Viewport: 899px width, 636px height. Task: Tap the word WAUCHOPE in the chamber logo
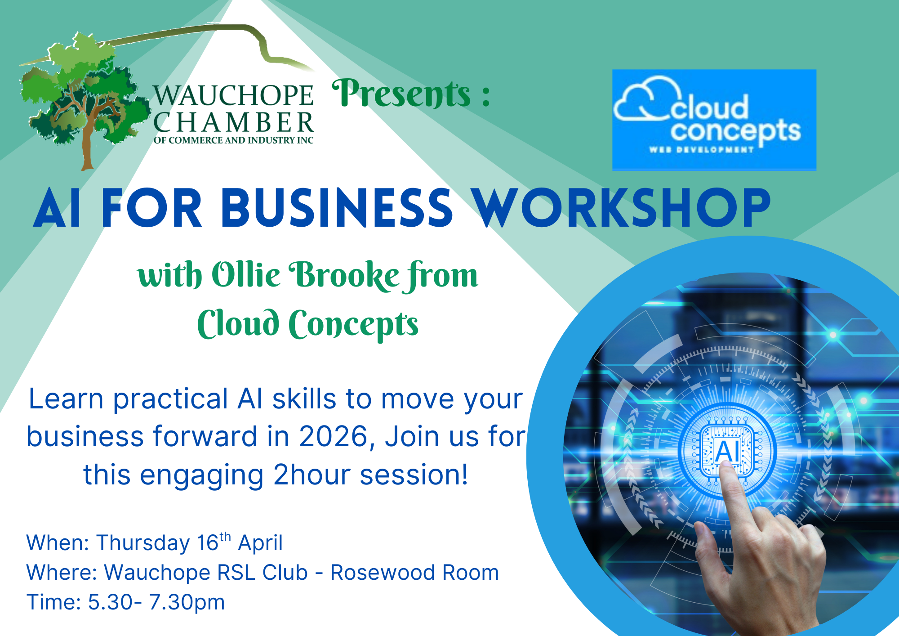click(x=233, y=95)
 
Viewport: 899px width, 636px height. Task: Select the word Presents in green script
click(x=401, y=94)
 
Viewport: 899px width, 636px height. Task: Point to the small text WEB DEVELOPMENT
click(x=701, y=149)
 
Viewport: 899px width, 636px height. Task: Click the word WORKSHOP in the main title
click(x=622, y=208)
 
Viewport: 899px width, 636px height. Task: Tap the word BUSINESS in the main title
click(x=337, y=208)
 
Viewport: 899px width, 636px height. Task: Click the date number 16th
click(x=214, y=542)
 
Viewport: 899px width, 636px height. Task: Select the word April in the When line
click(x=260, y=543)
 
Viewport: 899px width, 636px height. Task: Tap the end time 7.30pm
click(x=187, y=603)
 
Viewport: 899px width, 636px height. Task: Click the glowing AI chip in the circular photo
click(x=726, y=450)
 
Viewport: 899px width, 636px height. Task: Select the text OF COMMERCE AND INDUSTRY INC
click(x=233, y=140)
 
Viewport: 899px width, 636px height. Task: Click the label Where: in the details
click(x=62, y=573)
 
